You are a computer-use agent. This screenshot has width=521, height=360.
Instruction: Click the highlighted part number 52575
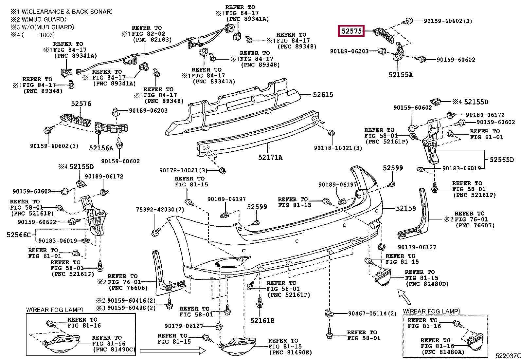[x=351, y=31]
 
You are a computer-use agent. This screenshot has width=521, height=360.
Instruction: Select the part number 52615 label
[x=323, y=95]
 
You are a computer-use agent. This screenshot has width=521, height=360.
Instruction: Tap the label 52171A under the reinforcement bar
[x=270, y=158]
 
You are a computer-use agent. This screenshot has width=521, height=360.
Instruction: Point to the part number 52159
[x=406, y=208]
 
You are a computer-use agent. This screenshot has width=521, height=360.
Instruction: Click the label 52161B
[x=262, y=321]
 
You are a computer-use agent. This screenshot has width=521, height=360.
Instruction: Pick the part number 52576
[x=81, y=104]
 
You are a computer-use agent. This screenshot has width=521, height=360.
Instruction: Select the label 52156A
[x=101, y=148]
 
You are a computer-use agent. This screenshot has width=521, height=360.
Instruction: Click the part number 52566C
[x=19, y=235]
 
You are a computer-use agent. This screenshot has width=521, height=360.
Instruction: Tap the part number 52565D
[x=502, y=160]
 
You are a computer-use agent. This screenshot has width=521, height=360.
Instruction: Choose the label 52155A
[x=401, y=75]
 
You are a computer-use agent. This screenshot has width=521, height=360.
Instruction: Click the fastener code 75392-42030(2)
[x=160, y=210]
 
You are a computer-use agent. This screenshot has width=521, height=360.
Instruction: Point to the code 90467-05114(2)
[x=372, y=314]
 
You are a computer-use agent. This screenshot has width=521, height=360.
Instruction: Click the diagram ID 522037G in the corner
[x=508, y=356]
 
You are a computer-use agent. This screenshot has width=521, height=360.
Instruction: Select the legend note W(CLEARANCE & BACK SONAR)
[x=67, y=12]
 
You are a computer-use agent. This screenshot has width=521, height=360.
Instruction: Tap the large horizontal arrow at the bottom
[x=172, y=351]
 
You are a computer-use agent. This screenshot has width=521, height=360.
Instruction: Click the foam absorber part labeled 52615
[x=235, y=107]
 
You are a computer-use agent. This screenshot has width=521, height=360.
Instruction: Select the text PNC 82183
[x=153, y=40]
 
